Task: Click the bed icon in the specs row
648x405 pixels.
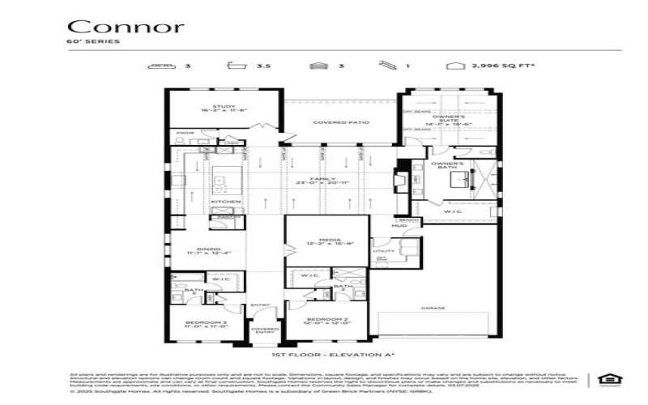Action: coord(164,64)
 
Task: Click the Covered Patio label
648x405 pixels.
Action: coord(341,122)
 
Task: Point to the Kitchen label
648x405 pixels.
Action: coord(226,201)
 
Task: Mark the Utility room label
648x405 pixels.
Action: coord(383,252)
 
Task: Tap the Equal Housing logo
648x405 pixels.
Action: coord(604,378)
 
